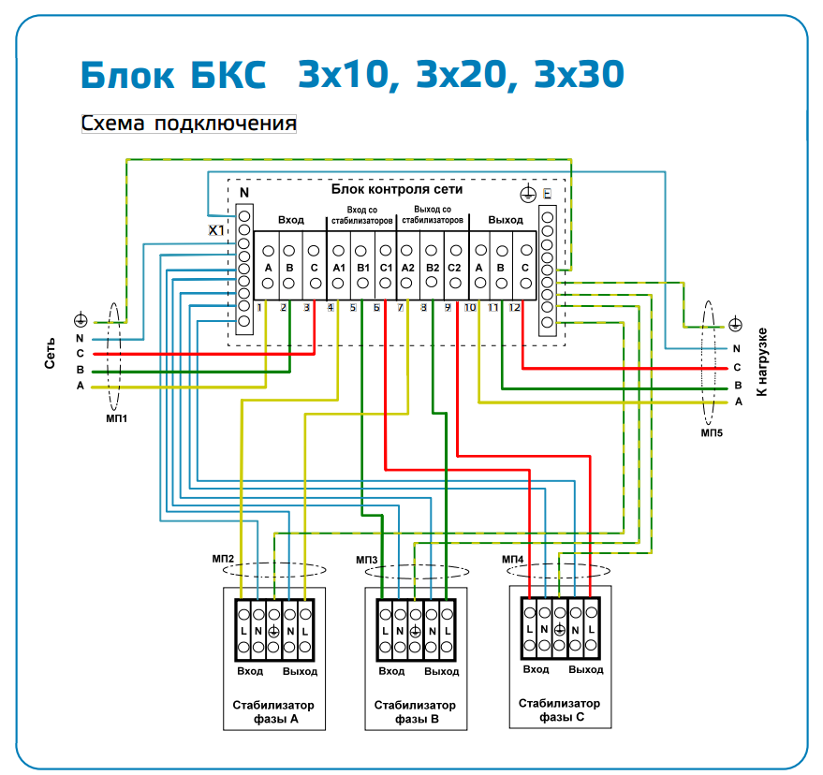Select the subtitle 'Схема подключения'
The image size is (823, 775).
click(189, 124)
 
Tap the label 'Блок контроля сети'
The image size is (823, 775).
click(396, 189)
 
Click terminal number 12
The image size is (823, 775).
click(514, 307)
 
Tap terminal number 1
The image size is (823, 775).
click(259, 307)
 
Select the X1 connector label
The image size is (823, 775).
click(217, 230)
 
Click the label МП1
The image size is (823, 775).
click(117, 418)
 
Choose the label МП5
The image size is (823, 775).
click(713, 434)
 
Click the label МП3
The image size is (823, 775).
click(367, 560)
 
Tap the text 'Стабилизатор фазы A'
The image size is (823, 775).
click(274, 711)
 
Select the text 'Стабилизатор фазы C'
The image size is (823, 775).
click(560, 709)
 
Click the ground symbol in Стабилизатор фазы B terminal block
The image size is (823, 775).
click(415, 632)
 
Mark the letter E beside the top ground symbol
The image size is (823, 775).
click(547, 194)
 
